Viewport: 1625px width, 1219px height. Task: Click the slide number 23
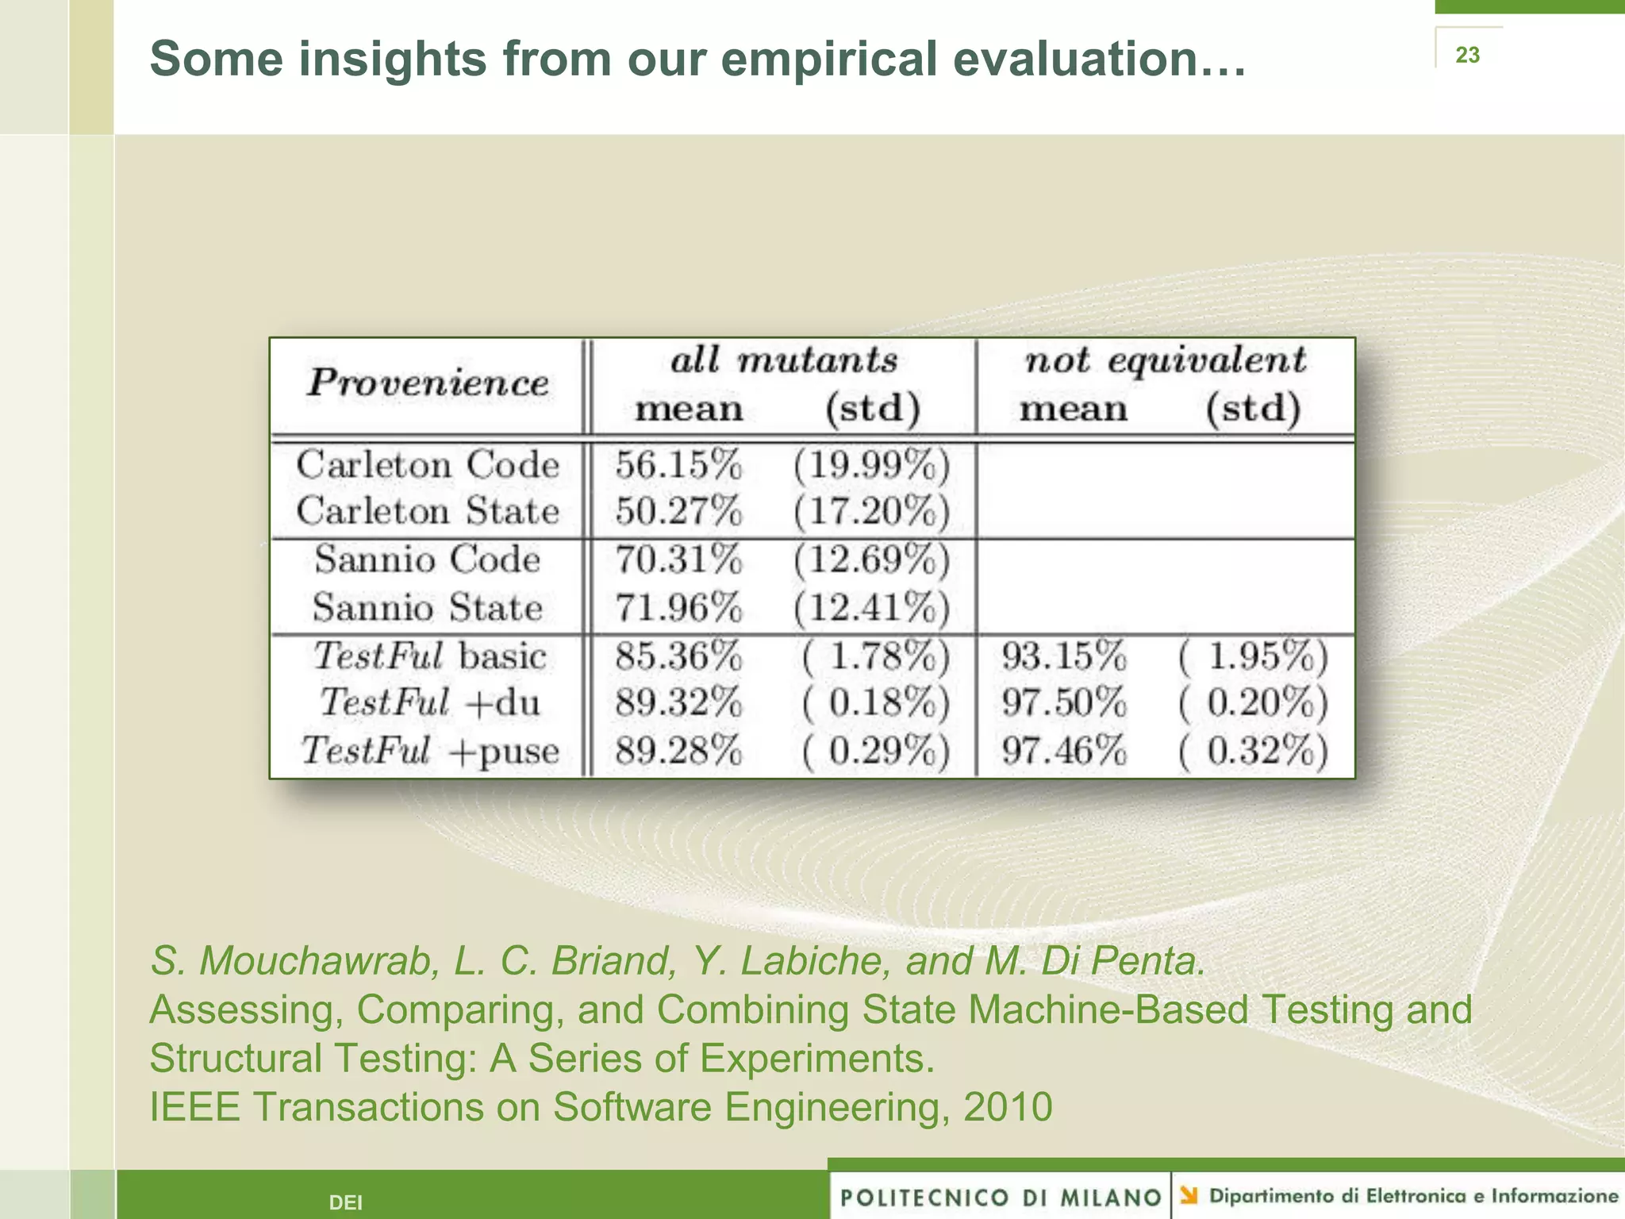(x=1467, y=55)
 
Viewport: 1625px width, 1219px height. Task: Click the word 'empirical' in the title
(x=828, y=59)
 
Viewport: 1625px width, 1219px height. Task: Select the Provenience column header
(x=428, y=383)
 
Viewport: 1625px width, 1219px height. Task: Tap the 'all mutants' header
(x=784, y=361)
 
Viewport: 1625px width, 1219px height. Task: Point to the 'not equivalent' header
(x=1165, y=361)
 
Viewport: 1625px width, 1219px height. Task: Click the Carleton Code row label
(x=428, y=465)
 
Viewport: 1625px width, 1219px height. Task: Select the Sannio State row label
(x=428, y=608)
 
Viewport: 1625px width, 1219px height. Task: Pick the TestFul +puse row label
(x=429, y=751)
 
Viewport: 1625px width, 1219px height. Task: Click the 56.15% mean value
(x=678, y=465)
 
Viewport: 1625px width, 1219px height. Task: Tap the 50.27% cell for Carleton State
(x=678, y=511)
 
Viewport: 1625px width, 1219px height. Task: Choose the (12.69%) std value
(x=871, y=560)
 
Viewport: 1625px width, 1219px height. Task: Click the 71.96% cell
(x=678, y=608)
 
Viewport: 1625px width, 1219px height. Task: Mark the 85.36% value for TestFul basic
(x=678, y=656)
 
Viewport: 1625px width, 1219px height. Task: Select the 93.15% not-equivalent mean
(x=1064, y=656)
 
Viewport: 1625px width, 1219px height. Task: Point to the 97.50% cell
(x=1064, y=703)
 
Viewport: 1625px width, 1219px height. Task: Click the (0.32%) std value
(x=1253, y=751)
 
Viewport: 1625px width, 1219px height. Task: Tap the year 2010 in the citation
(x=1008, y=1107)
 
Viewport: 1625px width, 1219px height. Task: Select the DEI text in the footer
(x=346, y=1203)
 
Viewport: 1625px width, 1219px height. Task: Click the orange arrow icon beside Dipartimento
(x=1189, y=1195)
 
